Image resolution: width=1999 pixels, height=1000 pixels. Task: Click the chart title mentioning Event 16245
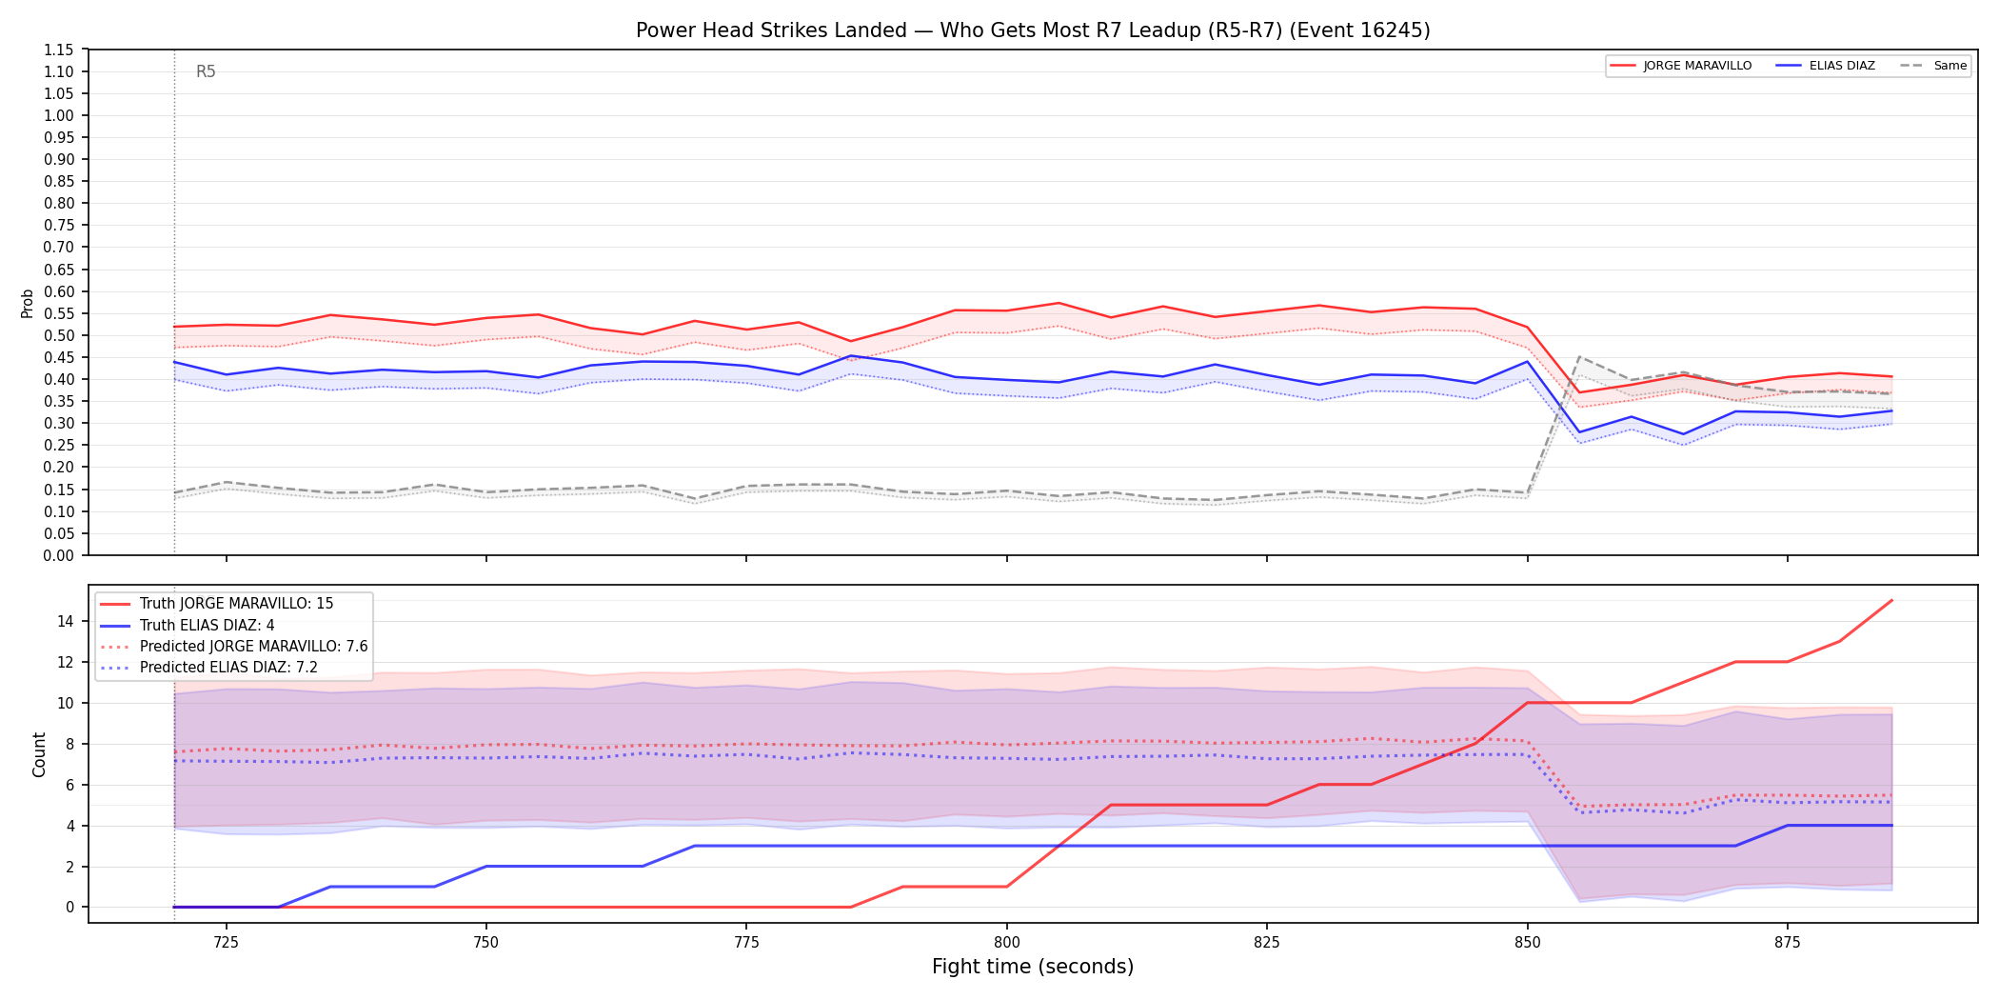click(x=1033, y=30)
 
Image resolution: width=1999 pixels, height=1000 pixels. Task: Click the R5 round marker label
click(x=206, y=71)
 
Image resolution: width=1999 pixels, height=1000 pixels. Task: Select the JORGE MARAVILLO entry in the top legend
click(x=1680, y=66)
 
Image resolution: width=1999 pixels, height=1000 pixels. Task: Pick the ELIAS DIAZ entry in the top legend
click(x=1825, y=66)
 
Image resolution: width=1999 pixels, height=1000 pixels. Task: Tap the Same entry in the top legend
click(x=1933, y=66)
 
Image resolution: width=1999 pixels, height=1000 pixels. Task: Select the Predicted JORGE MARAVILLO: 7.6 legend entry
click(x=234, y=647)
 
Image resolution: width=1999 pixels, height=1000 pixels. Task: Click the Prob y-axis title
click(x=28, y=303)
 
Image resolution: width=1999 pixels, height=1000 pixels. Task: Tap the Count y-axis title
click(x=39, y=754)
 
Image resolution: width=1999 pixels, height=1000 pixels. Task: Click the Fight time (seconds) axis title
click(x=1033, y=967)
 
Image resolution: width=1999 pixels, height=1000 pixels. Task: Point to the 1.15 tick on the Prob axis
click(x=59, y=50)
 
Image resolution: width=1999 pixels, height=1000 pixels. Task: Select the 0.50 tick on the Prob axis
click(x=59, y=335)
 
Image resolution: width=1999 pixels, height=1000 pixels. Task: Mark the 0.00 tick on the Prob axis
click(x=59, y=555)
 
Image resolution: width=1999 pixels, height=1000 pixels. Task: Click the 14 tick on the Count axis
click(x=65, y=621)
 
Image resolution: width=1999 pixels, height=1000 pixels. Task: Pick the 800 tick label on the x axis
click(x=1007, y=943)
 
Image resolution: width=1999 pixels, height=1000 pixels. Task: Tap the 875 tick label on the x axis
click(x=1788, y=943)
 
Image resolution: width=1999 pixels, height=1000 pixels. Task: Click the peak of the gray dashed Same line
click(x=1579, y=357)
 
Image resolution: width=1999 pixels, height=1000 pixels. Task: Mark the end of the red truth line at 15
click(x=1891, y=601)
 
